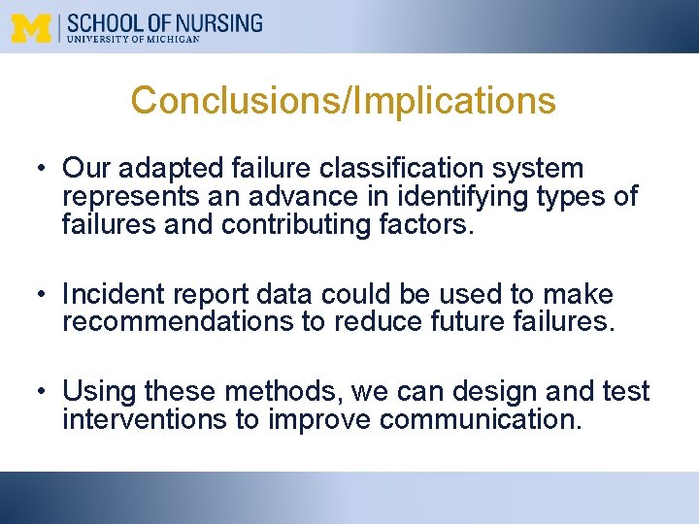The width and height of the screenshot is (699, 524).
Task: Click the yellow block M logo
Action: point(32,27)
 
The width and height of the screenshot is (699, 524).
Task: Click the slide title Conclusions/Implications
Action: point(344,100)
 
